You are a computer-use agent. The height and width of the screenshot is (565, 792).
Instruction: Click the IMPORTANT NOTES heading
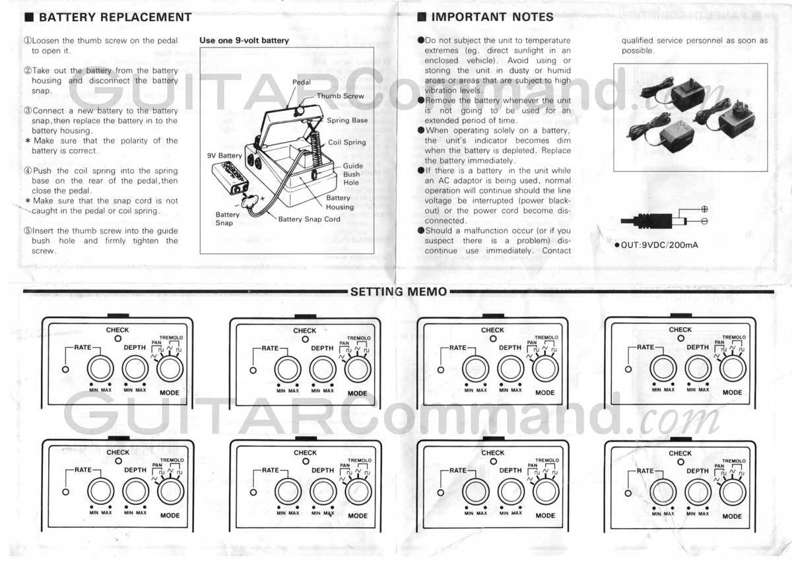click(x=492, y=17)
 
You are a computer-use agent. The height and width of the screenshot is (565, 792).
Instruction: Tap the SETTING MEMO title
click(x=399, y=292)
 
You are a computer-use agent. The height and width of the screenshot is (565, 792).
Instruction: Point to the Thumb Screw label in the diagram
click(x=340, y=96)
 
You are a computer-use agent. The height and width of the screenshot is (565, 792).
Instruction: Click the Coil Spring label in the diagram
click(x=346, y=142)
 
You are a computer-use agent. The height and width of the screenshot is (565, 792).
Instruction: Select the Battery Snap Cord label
click(x=309, y=219)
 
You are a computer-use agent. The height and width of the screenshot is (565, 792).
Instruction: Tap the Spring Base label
click(x=347, y=121)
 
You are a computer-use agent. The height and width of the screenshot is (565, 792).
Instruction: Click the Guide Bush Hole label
click(x=352, y=174)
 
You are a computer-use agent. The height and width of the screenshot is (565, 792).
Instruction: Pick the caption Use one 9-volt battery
click(x=244, y=40)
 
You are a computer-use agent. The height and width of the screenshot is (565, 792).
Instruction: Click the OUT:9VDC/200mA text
click(x=659, y=246)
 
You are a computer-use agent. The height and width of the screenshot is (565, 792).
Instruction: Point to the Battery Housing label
click(x=339, y=202)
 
